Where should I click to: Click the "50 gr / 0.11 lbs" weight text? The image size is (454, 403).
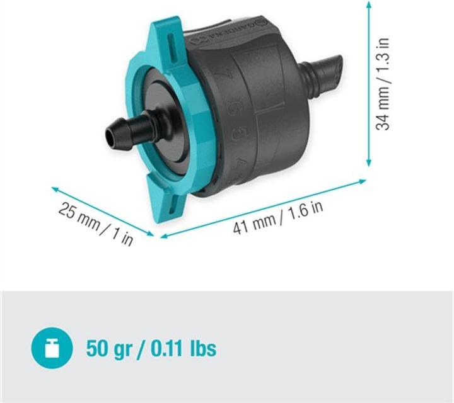[x=151, y=348]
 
